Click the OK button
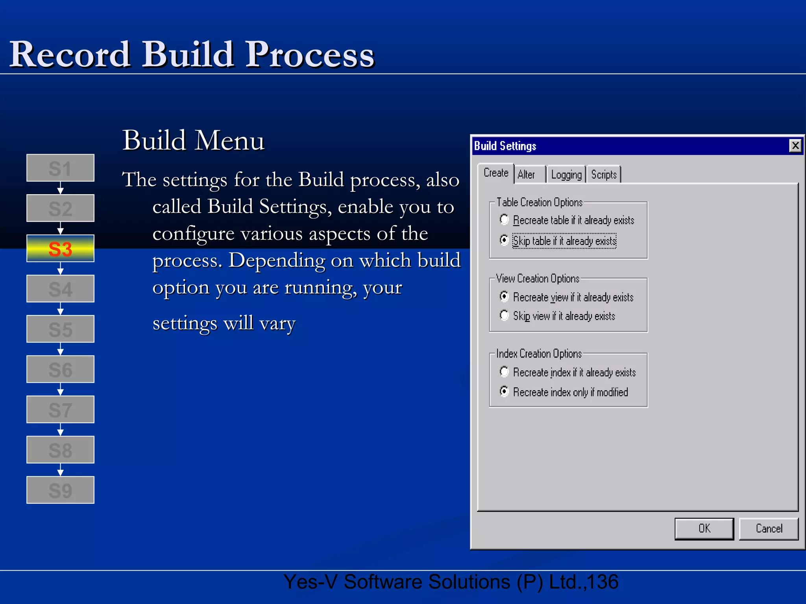[704, 528]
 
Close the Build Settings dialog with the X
[795, 146]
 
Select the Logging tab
[566, 174]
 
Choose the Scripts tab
[604, 174]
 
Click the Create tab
[496, 173]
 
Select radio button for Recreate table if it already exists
[504, 219]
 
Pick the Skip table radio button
[504, 240]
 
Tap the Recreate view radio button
[504, 296]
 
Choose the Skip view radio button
[504, 315]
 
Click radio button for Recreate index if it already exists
[504, 372]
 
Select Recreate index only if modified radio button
[504, 391]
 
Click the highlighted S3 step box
[60, 249]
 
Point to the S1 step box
[60, 168]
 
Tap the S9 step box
[60, 490]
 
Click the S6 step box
[60, 369]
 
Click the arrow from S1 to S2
[60, 188]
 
